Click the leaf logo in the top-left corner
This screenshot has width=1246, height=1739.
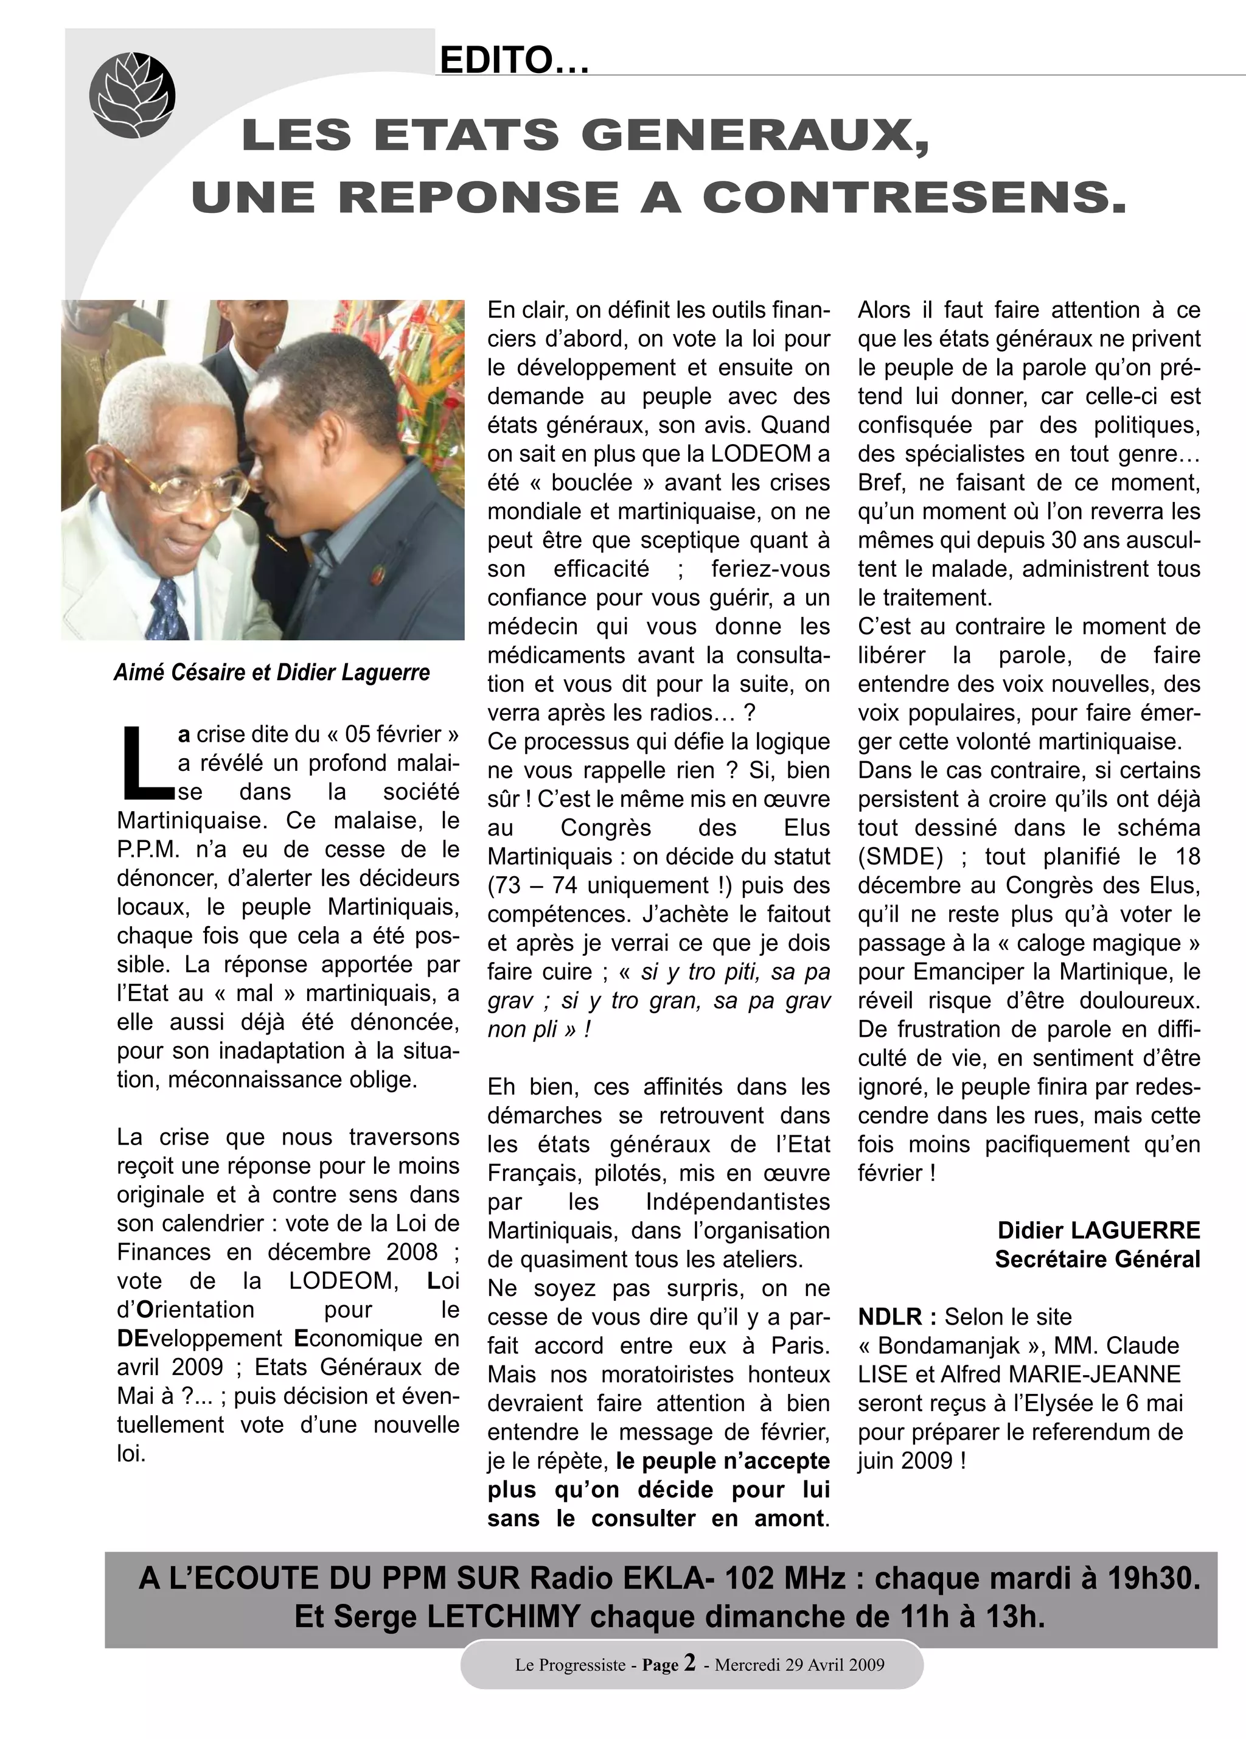132,95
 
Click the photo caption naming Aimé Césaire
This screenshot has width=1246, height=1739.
271,672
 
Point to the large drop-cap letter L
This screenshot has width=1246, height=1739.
144,761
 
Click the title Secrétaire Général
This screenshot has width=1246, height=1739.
1098,1259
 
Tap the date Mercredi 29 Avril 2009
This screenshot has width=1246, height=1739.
799,1665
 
